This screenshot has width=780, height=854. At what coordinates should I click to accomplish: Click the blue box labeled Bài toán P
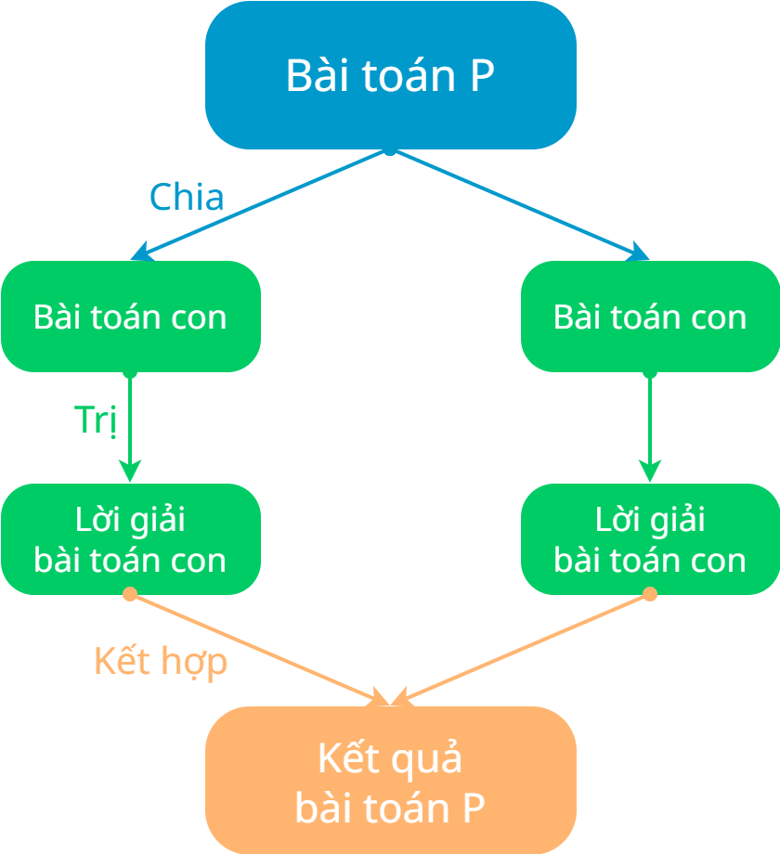(390, 75)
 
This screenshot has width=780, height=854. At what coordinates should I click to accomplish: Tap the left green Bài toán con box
(130, 317)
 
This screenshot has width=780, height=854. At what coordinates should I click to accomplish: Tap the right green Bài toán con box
(650, 317)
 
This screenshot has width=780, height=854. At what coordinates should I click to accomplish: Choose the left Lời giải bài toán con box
(130, 539)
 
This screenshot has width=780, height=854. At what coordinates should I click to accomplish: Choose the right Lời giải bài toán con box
(650, 539)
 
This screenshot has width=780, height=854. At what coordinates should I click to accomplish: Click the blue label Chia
(187, 197)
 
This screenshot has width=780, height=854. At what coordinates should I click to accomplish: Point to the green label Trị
(96, 420)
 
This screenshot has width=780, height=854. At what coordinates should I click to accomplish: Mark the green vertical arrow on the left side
(130, 427)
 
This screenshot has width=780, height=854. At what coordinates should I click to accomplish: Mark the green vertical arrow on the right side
(650, 427)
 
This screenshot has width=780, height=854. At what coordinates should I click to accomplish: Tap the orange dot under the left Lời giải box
(130, 593)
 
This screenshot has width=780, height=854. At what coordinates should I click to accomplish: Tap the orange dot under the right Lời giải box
(650, 593)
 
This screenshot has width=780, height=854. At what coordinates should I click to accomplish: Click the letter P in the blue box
(481, 76)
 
